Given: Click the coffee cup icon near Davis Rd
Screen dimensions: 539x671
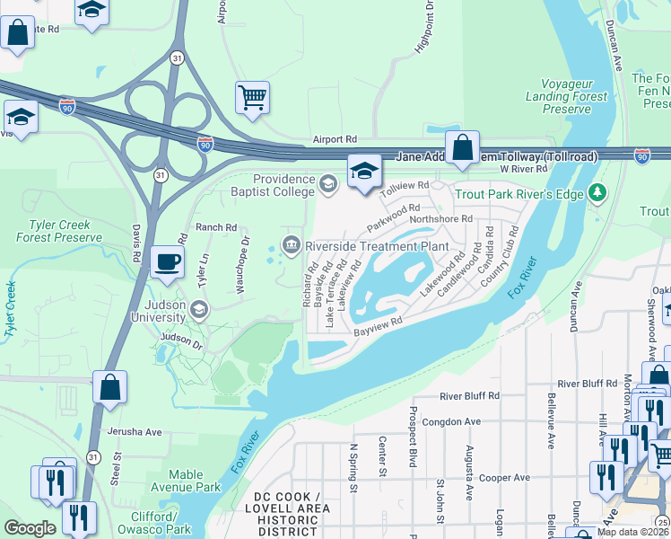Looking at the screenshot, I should [167, 262].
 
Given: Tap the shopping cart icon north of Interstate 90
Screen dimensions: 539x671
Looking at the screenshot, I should [253, 97].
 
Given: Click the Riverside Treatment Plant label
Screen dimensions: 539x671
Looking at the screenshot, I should [377, 245].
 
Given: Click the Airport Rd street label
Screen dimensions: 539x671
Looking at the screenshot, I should [335, 140].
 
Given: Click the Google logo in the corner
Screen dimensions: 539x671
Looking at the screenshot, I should [30, 528].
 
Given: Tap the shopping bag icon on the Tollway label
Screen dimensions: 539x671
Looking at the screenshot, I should [462, 148].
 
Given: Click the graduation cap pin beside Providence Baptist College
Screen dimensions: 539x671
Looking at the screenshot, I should [364, 172].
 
